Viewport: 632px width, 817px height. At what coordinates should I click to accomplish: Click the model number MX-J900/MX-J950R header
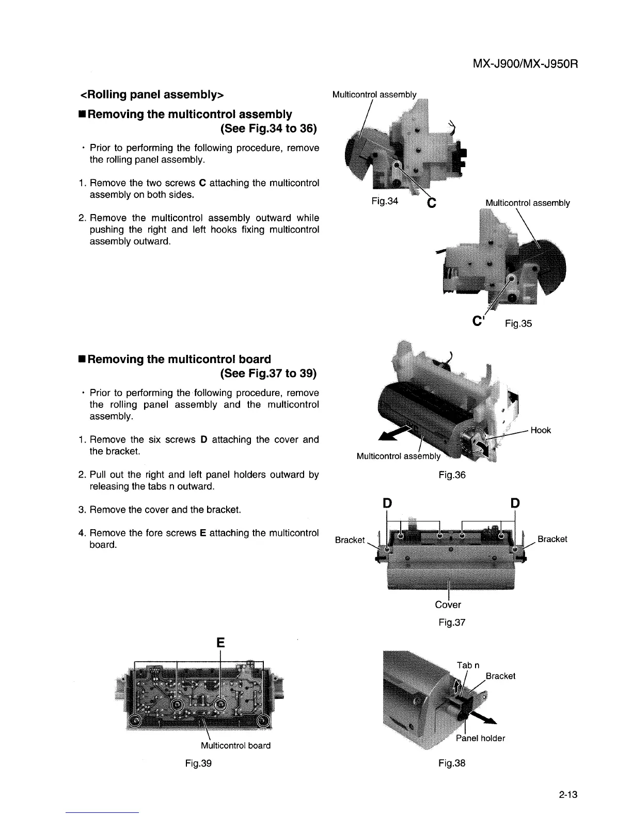tap(525, 65)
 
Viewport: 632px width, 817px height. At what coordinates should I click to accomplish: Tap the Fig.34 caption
tap(385, 201)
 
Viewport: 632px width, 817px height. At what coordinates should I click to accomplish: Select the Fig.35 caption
tap(518, 324)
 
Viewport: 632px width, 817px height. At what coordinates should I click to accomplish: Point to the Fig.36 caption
tap(452, 475)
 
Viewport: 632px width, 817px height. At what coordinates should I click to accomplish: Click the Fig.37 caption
tap(452, 623)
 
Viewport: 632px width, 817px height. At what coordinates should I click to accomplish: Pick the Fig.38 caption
tap(452, 763)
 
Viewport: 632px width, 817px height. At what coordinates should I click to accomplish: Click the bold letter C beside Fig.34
tap(432, 204)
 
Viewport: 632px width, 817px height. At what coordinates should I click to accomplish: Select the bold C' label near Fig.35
tap(478, 321)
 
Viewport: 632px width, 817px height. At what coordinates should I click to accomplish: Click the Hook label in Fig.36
tap(541, 430)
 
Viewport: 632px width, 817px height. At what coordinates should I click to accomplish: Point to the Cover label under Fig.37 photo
tap(448, 604)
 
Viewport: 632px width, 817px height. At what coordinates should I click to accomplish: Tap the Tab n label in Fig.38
tap(468, 665)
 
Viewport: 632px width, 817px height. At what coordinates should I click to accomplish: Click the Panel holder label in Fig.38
tap(480, 738)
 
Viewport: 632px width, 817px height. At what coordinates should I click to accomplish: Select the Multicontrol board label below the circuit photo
tap(235, 745)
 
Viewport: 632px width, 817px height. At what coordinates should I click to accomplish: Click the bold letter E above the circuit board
tap(220, 643)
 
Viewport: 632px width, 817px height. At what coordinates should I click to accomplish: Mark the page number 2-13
tap(567, 795)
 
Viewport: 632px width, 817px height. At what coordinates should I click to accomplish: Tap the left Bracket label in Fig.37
tap(350, 540)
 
